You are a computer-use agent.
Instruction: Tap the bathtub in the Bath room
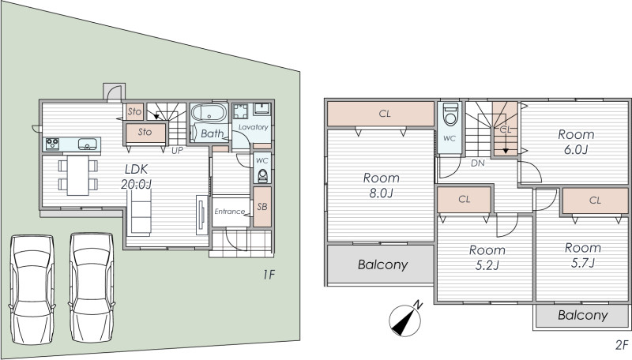click(209, 113)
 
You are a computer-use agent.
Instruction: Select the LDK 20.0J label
click(136, 176)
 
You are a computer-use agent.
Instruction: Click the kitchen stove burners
click(52, 144)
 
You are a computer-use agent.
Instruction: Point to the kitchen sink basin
click(87, 144)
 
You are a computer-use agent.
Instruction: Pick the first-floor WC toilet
click(262, 176)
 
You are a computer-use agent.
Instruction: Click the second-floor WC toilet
click(450, 114)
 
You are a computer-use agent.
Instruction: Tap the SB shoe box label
click(262, 207)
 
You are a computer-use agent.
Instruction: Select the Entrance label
click(229, 212)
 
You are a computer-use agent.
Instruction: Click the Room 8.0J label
click(382, 186)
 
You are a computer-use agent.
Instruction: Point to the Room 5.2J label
click(487, 257)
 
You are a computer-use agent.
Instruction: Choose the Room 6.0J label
click(576, 142)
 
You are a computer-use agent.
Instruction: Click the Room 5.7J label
click(583, 255)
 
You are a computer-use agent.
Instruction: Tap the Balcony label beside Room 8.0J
click(382, 264)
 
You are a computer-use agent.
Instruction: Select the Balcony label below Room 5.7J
click(583, 315)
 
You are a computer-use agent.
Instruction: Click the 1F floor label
click(269, 275)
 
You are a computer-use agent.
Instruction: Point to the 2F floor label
click(622, 345)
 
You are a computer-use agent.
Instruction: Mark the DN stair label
click(478, 163)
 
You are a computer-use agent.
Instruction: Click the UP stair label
click(177, 151)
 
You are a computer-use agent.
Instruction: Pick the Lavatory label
click(253, 127)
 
